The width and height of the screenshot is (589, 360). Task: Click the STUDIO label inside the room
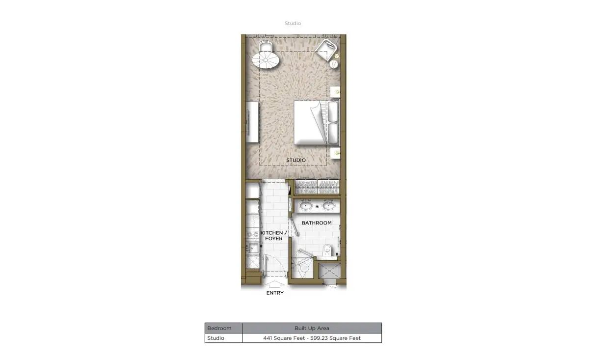click(x=296, y=160)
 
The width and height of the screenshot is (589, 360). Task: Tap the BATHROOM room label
click(x=316, y=223)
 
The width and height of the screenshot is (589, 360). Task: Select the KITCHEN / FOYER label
click(x=274, y=236)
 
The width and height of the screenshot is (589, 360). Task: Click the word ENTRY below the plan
click(x=275, y=293)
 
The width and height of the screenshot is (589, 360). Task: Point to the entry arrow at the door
click(x=274, y=284)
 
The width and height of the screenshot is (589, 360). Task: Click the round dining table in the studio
click(x=266, y=60)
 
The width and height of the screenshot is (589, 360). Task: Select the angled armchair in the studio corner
click(x=326, y=51)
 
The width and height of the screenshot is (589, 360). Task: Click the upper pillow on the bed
click(x=333, y=111)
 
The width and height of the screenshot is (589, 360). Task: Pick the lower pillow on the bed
click(x=333, y=134)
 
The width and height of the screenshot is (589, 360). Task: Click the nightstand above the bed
click(x=335, y=92)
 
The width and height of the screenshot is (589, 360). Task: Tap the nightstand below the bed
click(x=335, y=153)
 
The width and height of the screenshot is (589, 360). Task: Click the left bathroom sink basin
click(x=305, y=205)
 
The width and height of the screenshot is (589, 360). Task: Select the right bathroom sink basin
click(x=329, y=205)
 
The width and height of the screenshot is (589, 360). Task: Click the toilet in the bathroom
click(x=327, y=250)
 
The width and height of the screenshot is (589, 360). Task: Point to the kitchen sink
click(x=252, y=248)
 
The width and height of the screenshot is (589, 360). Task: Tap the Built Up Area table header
click(x=312, y=328)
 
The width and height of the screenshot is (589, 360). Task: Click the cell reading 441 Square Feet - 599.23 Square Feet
click(x=312, y=338)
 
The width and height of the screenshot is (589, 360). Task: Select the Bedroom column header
click(x=219, y=328)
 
